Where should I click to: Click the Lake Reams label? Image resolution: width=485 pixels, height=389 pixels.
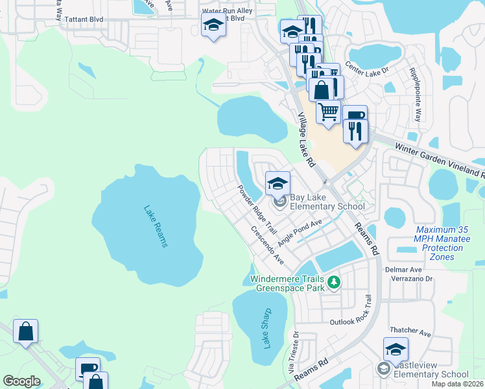click(x=156, y=226)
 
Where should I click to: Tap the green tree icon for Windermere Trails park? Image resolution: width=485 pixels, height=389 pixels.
click(x=334, y=281)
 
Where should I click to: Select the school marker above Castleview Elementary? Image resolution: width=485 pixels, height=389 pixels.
click(x=396, y=349)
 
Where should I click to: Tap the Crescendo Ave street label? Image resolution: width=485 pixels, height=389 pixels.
click(x=267, y=246)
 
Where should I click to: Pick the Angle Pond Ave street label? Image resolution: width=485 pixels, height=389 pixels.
click(x=300, y=231)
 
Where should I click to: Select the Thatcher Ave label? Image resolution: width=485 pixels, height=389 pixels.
click(x=410, y=333)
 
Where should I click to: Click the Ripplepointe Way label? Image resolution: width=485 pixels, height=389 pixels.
click(x=417, y=95)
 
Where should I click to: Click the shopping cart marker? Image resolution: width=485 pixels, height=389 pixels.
click(x=328, y=112)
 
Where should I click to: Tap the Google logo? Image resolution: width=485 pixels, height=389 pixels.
click(x=21, y=381)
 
